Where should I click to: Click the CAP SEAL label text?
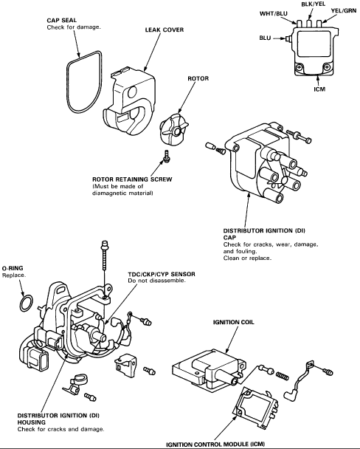coord(62,21)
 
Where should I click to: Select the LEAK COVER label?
coord(165,30)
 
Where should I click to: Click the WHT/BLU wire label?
coord(274,13)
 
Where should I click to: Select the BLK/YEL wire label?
coord(314,4)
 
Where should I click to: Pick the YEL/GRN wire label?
coord(344,10)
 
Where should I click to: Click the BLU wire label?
coord(265,38)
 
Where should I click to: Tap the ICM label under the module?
coord(319,89)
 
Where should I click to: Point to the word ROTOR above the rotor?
coord(198,78)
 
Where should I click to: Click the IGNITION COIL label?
coord(234,322)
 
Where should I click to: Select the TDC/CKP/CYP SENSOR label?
coord(162,274)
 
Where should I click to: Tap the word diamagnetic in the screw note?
coord(108,193)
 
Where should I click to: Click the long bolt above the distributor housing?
coord(104,256)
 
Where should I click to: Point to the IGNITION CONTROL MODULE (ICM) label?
coord(215,445)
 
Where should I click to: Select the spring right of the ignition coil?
coord(283,375)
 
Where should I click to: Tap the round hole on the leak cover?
coord(133,92)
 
